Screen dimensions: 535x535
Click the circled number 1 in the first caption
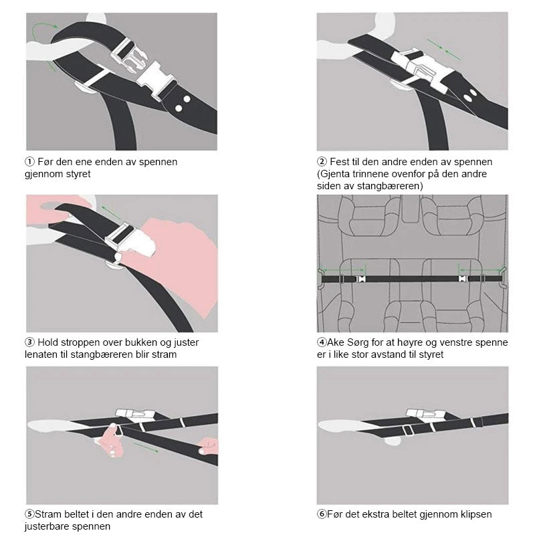point(29,161)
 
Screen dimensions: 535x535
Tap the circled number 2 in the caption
point(322,161)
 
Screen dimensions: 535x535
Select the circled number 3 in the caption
point(29,342)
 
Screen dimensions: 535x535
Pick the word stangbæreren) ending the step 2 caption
point(390,186)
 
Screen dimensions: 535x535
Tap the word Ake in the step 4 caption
point(336,342)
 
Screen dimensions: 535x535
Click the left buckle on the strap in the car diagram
point(360,279)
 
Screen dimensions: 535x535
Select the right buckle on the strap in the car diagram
point(463,279)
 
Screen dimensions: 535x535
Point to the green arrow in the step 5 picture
point(146,447)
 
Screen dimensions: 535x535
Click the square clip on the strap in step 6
point(408,430)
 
